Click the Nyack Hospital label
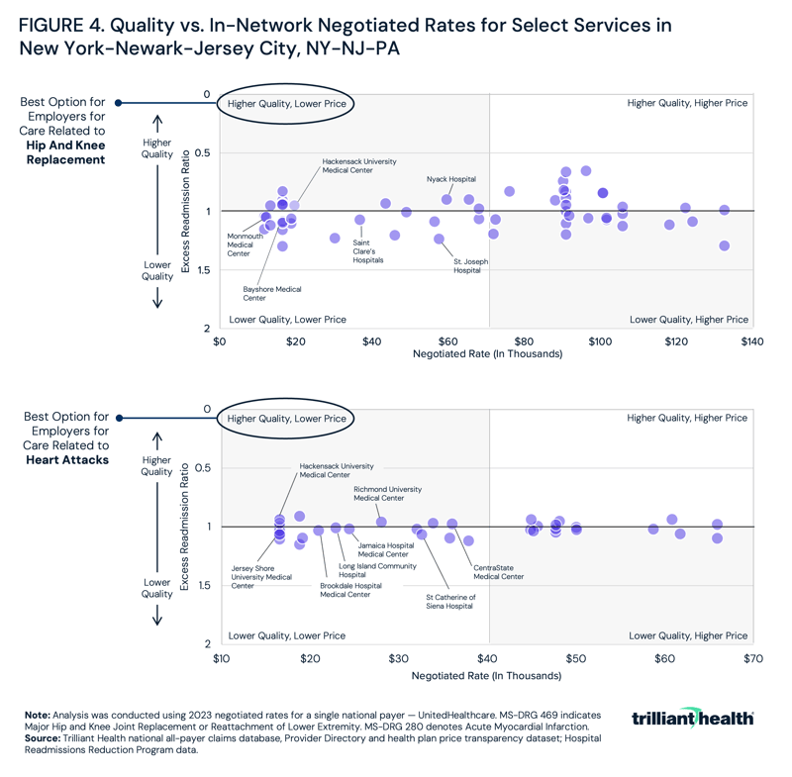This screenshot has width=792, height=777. (x=450, y=179)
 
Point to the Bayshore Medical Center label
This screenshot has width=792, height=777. (x=272, y=293)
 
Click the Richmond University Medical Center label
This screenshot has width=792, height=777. (x=387, y=493)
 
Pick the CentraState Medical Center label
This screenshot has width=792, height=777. (x=498, y=572)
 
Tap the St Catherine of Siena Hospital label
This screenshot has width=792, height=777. (x=450, y=602)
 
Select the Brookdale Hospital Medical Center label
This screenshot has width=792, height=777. (x=350, y=590)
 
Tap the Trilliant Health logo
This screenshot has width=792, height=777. (x=692, y=718)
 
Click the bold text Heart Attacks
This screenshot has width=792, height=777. (x=72, y=460)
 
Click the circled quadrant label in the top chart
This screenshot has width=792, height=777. (x=287, y=103)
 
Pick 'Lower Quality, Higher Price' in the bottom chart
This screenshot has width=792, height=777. (x=688, y=635)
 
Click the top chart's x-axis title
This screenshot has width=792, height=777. (x=486, y=353)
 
